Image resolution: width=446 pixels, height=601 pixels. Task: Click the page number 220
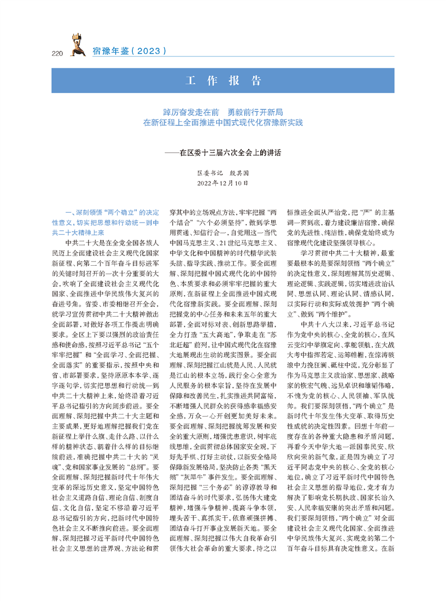57,52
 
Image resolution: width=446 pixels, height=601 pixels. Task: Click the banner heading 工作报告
222,80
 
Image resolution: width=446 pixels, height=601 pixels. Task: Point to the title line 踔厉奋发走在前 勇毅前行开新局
222,112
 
